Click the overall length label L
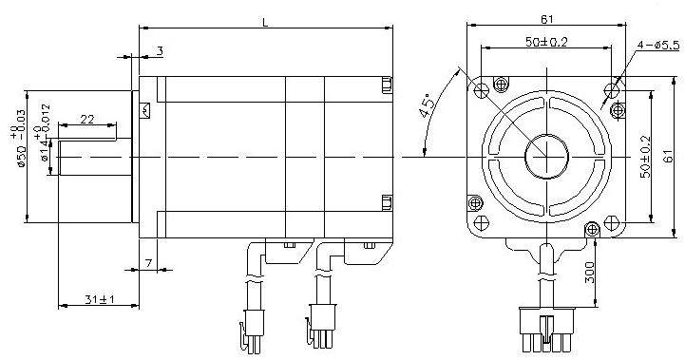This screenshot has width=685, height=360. pos(265,22)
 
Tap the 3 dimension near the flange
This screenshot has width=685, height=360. pos(160,51)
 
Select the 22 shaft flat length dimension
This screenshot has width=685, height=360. pos(87,119)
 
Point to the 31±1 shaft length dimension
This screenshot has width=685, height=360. pos(100,299)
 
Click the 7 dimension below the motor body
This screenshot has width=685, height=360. pos(148,263)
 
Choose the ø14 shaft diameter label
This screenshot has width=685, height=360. pos(45,133)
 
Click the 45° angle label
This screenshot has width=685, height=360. pos(428,105)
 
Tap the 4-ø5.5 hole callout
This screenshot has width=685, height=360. pos(658,45)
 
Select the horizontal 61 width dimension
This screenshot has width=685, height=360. pos(546,19)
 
